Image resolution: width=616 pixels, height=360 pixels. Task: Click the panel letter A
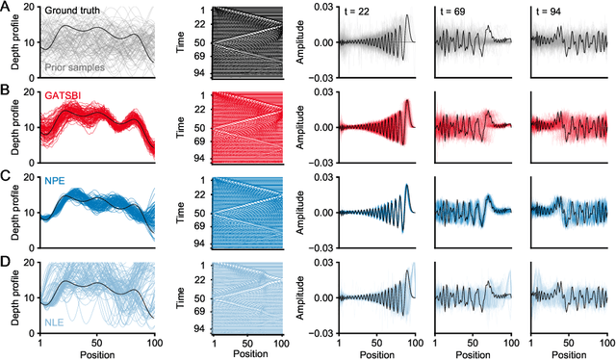[x=7, y=6]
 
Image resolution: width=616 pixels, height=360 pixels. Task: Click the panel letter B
[x=7, y=90]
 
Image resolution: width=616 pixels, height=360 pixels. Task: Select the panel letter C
[x=7, y=174]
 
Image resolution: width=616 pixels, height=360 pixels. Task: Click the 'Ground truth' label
[x=73, y=11]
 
